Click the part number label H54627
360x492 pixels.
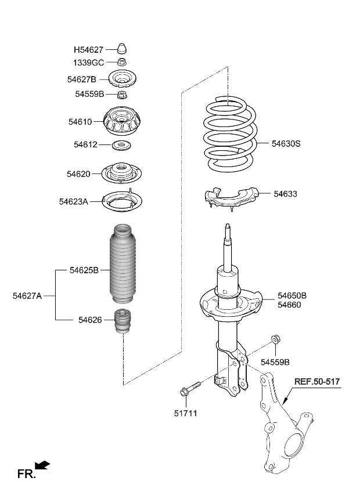tap(89, 50)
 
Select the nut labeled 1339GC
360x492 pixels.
tap(123, 63)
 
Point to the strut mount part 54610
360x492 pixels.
tap(123, 123)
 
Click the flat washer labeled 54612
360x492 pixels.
tap(123, 144)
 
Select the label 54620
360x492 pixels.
tap(80, 173)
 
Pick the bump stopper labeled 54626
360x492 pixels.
tap(123, 323)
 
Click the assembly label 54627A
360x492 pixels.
tap(27, 295)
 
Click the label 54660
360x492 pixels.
tap(289, 305)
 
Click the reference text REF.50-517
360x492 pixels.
tap(316, 382)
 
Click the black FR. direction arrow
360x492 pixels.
tap(42, 465)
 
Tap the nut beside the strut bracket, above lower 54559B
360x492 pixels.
tap(275, 339)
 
